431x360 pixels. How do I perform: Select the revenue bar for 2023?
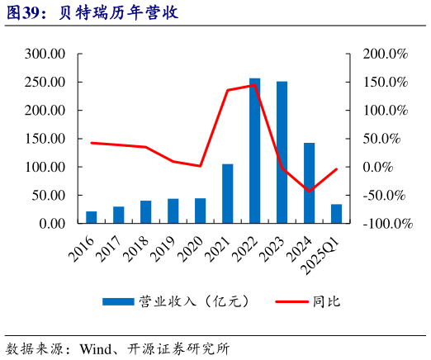(x=282, y=152)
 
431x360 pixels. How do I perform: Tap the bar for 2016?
(x=92, y=217)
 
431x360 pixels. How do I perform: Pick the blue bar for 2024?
(x=309, y=182)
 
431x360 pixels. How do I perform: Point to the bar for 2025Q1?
(x=336, y=214)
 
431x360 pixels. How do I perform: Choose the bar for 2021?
(x=227, y=193)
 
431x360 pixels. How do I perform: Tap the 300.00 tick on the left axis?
(x=45, y=54)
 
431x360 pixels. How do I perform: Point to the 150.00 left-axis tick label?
(x=45, y=139)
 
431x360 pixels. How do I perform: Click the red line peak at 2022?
(x=254, y=85)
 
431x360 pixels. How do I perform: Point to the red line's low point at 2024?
(x=309, y=192)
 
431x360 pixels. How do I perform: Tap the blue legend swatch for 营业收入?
(x=117, y=301)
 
